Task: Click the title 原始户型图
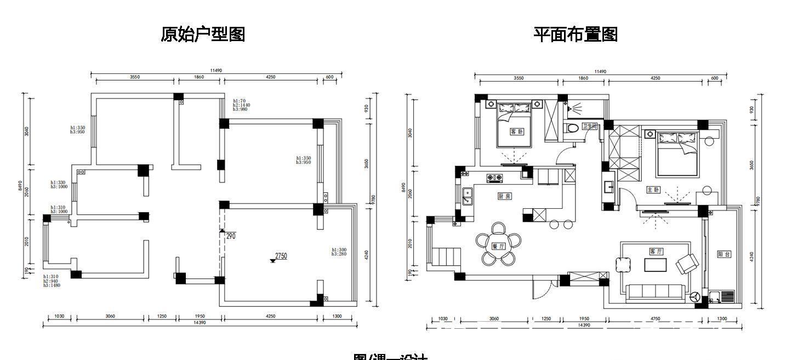pos(203,35)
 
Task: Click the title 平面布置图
pos(576,35)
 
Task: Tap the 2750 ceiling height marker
pos(280,256)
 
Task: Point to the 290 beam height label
pos(230,236)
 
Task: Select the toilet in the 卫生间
pos(572,129)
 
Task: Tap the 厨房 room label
pos(504,196)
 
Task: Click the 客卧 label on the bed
pos(516,132)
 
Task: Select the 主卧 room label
pos(653,190)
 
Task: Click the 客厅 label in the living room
pos(656,252)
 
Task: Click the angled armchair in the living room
pos(687,264)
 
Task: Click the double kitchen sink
pos(467,196)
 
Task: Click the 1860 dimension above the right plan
pos(583,78)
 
